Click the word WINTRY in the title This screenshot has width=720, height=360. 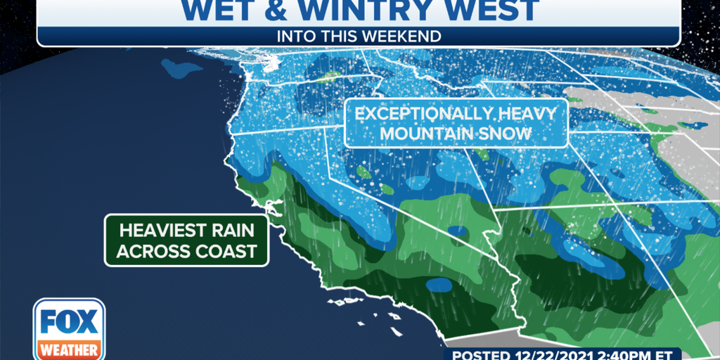point(358,10)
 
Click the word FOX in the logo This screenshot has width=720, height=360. point(69,322)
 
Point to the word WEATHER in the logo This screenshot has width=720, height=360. point(69,349)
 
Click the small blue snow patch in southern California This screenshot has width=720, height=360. point(441,285)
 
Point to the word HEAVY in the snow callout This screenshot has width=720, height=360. point(527,114)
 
